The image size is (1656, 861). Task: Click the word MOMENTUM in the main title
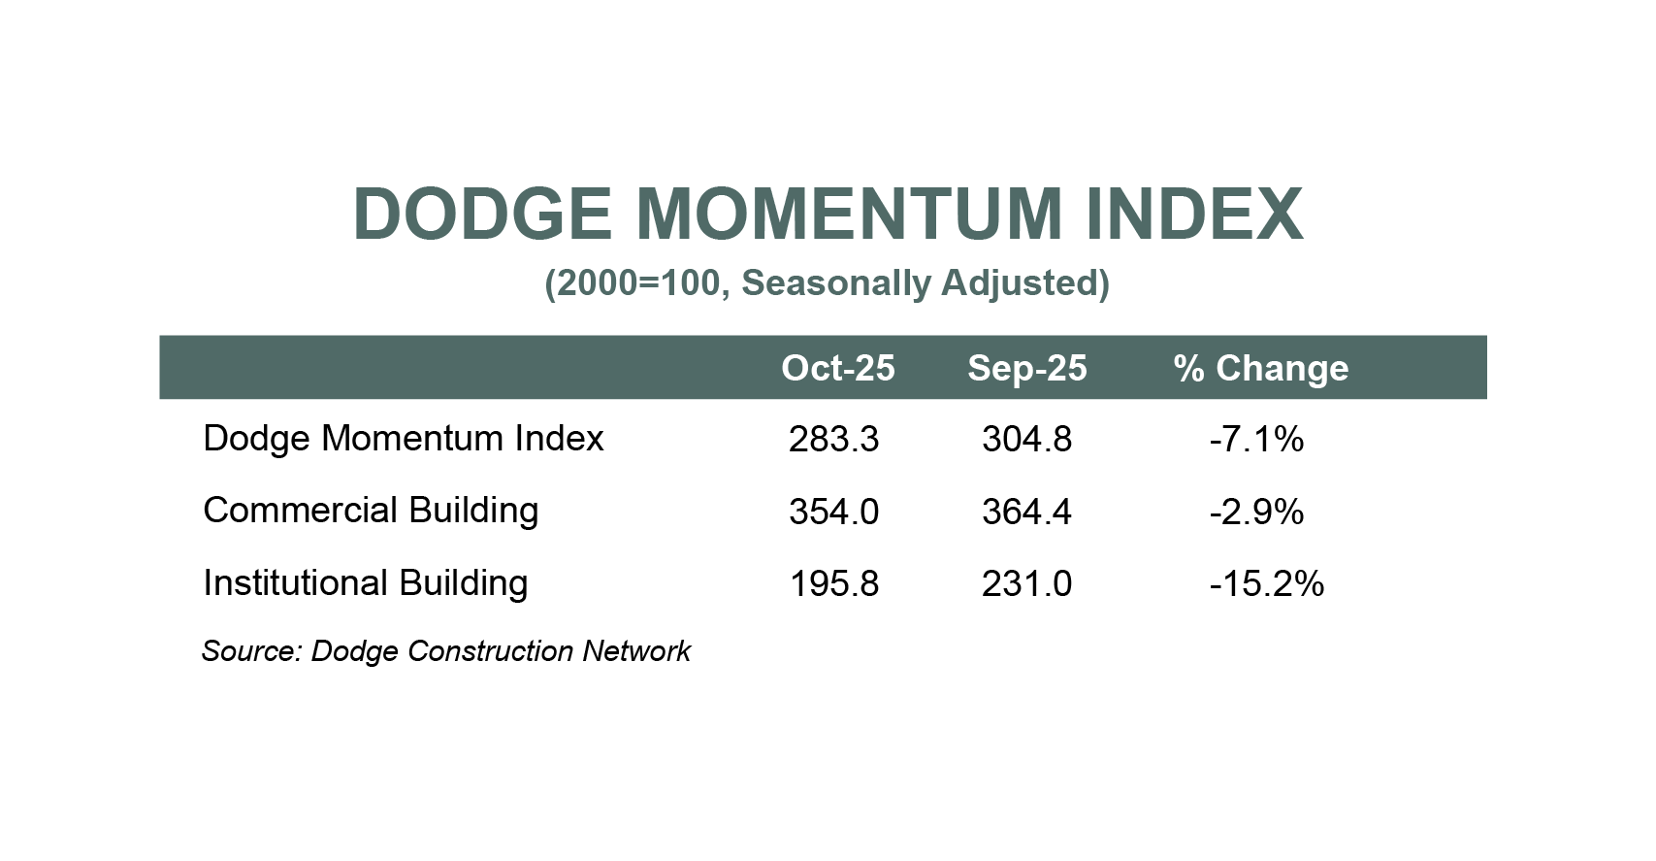pos(849,214)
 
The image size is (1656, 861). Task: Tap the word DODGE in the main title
pos(482,214)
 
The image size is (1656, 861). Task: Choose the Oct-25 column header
pos(837,368)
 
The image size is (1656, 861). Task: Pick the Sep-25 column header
pos(1026,368)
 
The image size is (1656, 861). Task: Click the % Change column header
pos(1260,368)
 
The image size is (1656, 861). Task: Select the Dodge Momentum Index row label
pos(403,439)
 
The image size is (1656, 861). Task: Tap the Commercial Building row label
pos(370,511)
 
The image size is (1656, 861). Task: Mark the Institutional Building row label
pos(365,583)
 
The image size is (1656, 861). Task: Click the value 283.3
pos(833,440)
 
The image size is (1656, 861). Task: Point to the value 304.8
pos(1026,440)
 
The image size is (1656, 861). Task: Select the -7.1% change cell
pos(1256,440)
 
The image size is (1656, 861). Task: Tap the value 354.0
pos(833,512)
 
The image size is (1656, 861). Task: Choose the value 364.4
pos(1026,512)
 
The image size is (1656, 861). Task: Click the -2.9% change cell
pos(1256,512)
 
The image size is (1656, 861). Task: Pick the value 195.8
pos(833,584)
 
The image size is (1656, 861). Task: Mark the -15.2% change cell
pos(1266,584)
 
